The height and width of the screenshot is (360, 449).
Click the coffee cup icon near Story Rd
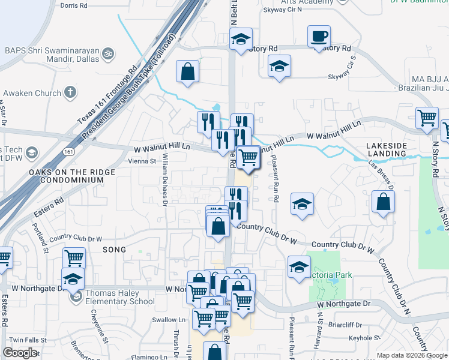click(319, 36)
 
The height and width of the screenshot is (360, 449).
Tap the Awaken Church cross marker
click(71, 93)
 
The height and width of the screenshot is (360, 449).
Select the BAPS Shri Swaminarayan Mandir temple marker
click(109, 53)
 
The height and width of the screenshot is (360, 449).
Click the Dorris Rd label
click(74, 5)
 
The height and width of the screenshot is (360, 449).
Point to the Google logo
click(20, 352)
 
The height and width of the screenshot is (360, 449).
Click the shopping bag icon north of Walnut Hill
click(188, 71)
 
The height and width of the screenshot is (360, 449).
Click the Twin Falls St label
click(23, 340)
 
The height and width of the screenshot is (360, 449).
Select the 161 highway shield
click(71, 146)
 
